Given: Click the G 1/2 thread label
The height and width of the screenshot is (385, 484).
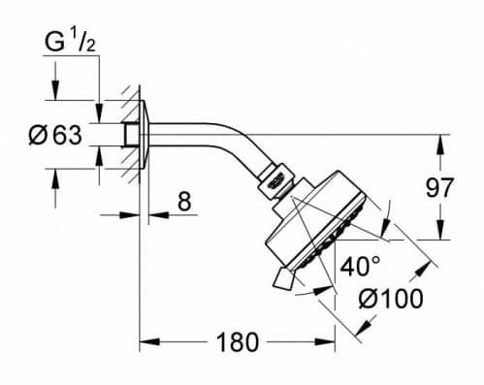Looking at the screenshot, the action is click(x=70, y=42).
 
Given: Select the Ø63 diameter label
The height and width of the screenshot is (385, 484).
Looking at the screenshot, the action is click(x=55, y=135).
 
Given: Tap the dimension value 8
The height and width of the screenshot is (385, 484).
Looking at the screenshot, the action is click(x=184, y=201).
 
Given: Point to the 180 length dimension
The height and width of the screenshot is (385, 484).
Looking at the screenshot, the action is click(x=238, y=342).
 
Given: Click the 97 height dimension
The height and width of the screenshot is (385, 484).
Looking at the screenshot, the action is click(x=439, y=187).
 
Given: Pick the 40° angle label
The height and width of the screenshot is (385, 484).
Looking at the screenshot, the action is click(x=360, y=267).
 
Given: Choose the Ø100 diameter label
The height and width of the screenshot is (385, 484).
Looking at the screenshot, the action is click(x=391, y=299).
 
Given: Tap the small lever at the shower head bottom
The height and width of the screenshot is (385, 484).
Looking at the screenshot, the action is click(x=283, y=278).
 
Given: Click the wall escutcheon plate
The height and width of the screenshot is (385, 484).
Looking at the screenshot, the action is click(x=145, y=135).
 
